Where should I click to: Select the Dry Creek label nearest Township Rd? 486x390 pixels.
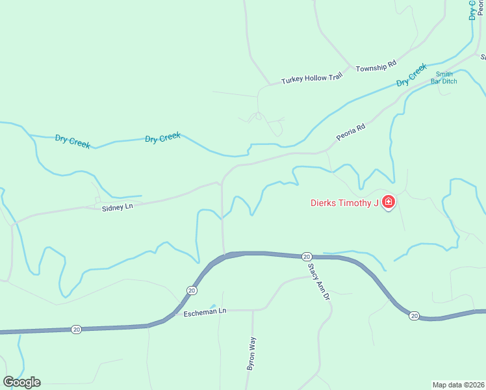click(x=412, y=75)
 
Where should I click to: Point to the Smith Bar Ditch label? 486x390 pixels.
click(x=444, y=77)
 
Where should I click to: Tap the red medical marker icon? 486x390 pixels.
click(x=389, y=203)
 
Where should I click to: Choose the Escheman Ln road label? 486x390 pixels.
click(x=204, y=311)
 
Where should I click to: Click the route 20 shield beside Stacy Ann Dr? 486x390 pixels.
click(x=307, y=256)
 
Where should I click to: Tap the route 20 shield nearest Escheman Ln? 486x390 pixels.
click(x=191, y=290)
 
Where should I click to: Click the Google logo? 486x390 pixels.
click(x=22, y=382)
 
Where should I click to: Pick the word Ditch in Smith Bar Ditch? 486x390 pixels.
click(x=449, y=81)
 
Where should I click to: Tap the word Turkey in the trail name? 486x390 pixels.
click(x=291, y=81)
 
